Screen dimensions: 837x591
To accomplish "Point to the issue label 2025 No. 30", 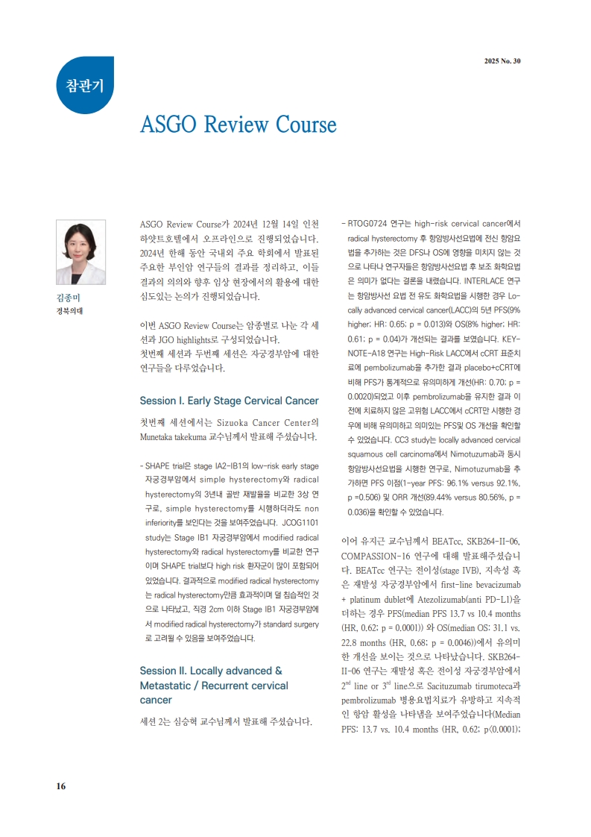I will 502,61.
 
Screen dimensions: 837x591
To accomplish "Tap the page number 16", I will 61,786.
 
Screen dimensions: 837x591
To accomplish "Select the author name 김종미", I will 68,298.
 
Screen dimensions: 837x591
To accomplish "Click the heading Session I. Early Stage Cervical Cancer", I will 229,401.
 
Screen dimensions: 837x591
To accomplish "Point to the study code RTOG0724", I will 369,223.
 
